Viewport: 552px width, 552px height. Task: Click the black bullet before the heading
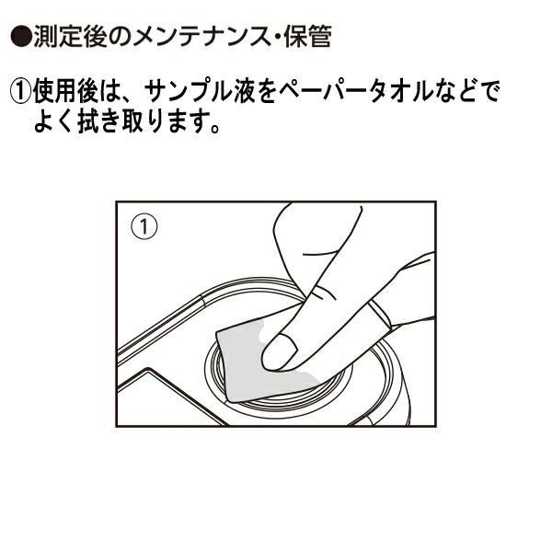tap(21, 36)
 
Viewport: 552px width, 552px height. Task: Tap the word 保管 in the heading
tap(307, 36)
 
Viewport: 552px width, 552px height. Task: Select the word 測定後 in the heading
tap(71, 36)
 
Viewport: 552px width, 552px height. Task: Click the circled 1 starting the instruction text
tap(21, 91)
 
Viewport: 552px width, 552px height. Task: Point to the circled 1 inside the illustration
tap(144, 227)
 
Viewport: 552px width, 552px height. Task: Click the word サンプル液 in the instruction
tap(200, 91)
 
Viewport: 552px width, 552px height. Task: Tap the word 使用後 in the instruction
tap(66, 91)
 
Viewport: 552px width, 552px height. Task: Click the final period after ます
tap(213, 128)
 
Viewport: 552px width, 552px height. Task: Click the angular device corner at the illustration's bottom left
tap(149, 370)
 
